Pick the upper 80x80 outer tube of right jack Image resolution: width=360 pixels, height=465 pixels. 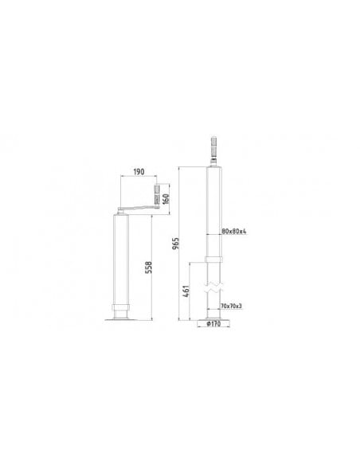(x=213, y=211)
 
